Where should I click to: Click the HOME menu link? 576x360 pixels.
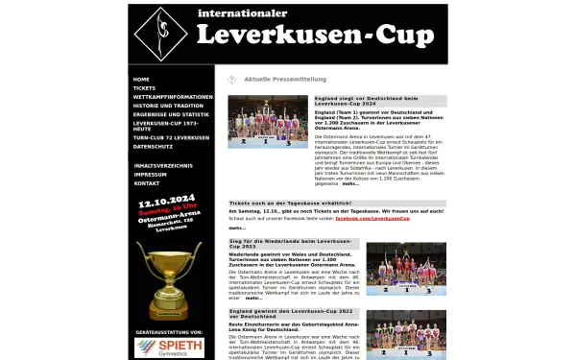[142, 79]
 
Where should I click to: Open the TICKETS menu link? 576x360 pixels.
[145, 88]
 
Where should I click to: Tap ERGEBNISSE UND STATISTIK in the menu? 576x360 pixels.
[169, 115]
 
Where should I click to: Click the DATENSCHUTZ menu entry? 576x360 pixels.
[153, 147]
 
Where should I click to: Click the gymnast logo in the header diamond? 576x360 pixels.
[161, 34]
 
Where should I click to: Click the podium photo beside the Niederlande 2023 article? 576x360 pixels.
[406, 269]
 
